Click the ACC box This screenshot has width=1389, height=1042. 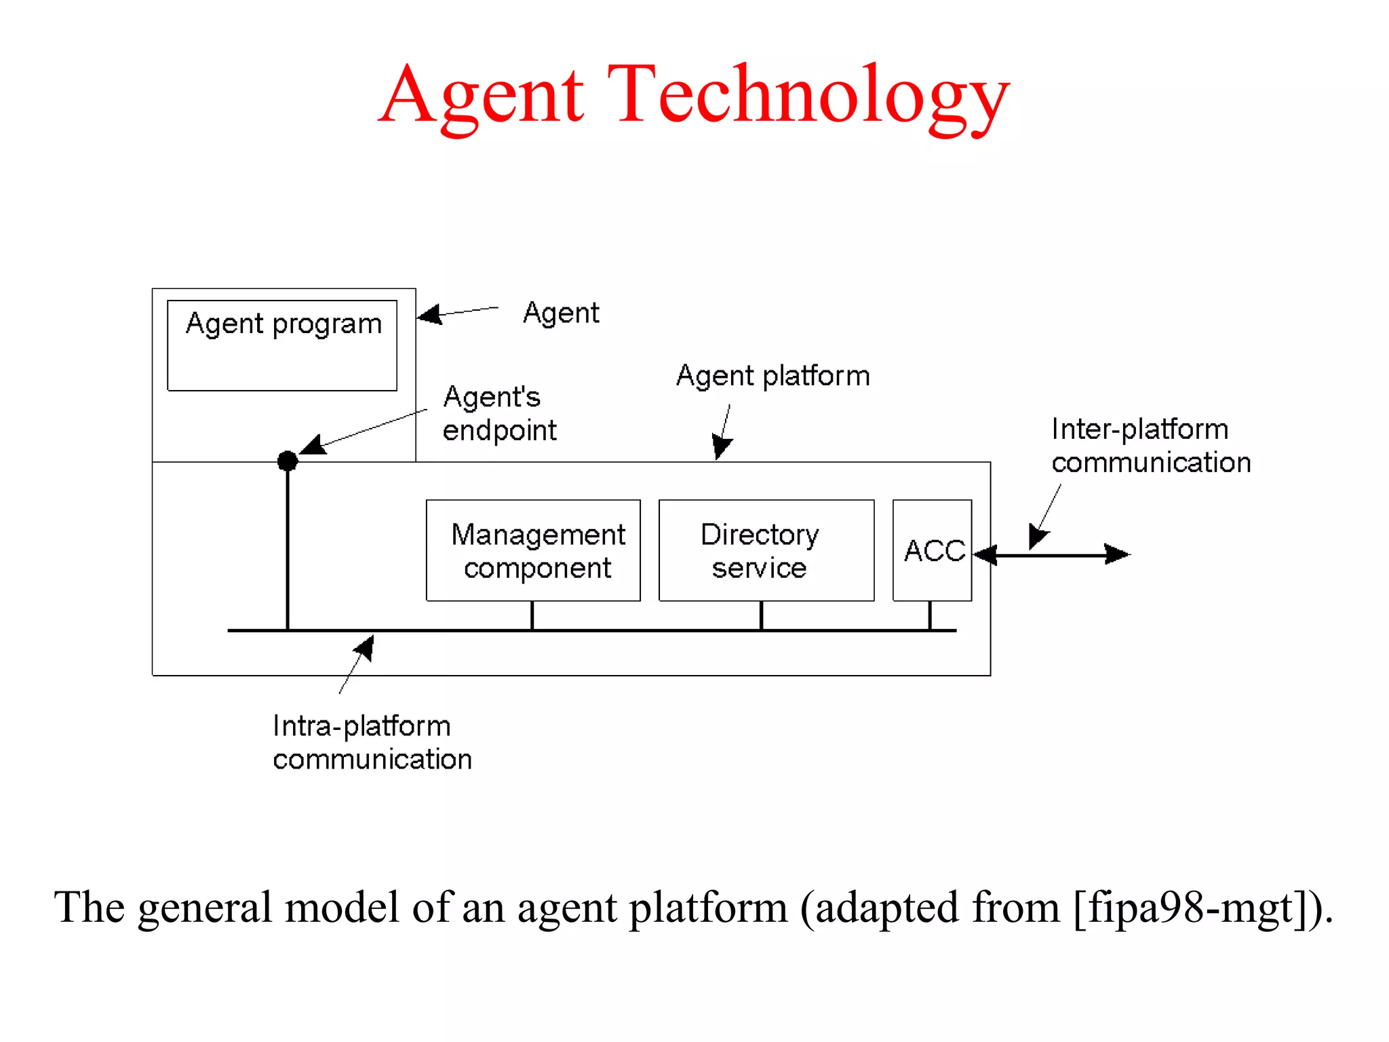[932, 550]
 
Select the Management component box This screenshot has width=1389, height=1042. [533, 550]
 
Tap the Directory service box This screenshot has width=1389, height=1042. [766, 550]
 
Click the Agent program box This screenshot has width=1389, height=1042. [282, 345]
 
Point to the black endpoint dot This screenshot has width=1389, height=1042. [288, 461]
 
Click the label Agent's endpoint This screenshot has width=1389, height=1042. [499, 413]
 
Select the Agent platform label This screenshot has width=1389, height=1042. [772, 376]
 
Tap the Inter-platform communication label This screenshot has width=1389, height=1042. [1150, 446]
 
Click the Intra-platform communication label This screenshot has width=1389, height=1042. [372, 742]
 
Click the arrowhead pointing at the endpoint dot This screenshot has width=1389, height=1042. [313, 445]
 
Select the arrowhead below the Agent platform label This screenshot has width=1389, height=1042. [721, 448]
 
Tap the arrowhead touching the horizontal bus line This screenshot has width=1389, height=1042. [366, 647]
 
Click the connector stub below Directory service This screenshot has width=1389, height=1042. [761, 615]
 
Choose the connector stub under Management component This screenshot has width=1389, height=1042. [532, 615]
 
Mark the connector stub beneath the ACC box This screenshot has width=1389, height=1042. [930, 615]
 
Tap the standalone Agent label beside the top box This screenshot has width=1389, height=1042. [561, 313]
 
